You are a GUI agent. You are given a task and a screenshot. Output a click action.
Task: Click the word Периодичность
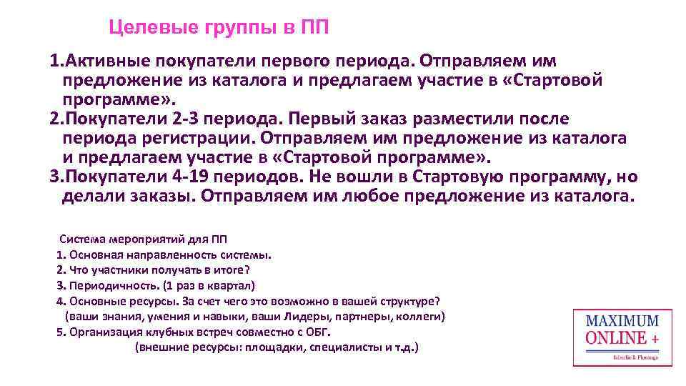[104, 284]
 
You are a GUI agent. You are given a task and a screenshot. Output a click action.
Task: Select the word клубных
[161, 332]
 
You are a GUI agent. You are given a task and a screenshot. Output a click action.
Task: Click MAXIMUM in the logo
[622, 321]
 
